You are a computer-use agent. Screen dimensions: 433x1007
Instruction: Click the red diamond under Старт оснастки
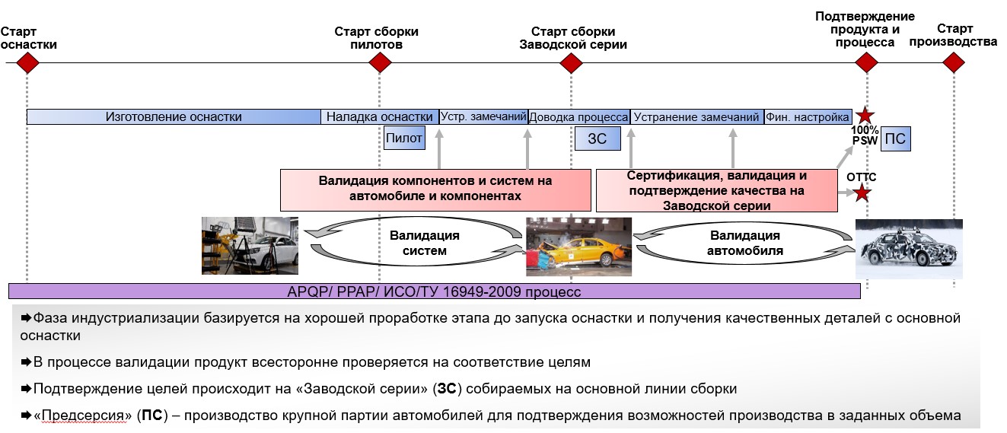(x=27, y=62)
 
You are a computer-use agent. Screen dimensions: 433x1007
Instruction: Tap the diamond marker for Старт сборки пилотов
(x=379, y=62)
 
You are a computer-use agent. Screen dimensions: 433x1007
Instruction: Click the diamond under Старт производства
(x=953, y=62)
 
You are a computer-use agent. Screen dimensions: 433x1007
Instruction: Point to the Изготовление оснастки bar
(x=174, y=116)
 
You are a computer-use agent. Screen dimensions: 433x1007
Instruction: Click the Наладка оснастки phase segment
(x=379, y=116)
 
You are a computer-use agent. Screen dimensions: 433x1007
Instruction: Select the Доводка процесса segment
(x=578, y=117)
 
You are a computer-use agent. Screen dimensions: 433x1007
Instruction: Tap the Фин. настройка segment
(x=808, y=117)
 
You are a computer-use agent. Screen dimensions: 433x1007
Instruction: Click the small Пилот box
(x=404, y=138)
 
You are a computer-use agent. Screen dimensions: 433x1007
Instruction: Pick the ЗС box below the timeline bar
(x=597, y=138)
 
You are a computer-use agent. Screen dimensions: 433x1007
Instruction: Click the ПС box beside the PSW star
(x=896, y=139)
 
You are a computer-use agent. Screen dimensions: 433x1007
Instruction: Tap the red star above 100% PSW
(x=864, y=116)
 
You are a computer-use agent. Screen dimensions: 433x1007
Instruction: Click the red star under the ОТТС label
(x=861, y=193)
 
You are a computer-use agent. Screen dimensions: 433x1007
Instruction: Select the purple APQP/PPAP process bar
(x=434, y=291)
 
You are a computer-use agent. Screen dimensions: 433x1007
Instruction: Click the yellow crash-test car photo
(x=578, y=247)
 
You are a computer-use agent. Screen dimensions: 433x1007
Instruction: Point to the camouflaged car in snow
(x=909, y=249)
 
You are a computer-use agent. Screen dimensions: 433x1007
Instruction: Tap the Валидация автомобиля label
(x=744, y=243)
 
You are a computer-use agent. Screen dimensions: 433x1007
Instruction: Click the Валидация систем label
(x=424, y=243)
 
